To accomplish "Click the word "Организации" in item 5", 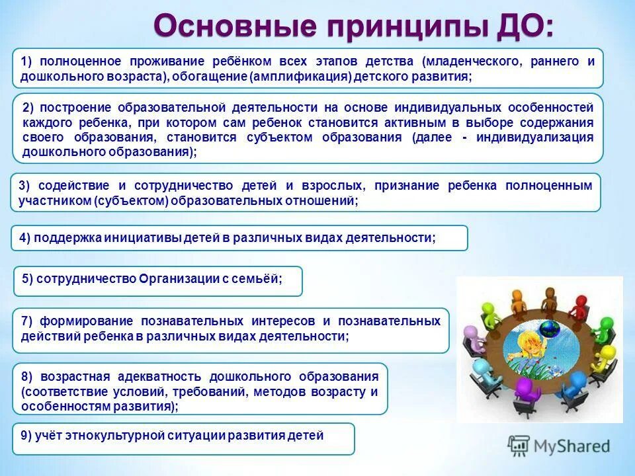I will click(178, 278).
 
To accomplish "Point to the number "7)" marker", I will click(27, 321).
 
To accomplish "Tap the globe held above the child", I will click(548, 328).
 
